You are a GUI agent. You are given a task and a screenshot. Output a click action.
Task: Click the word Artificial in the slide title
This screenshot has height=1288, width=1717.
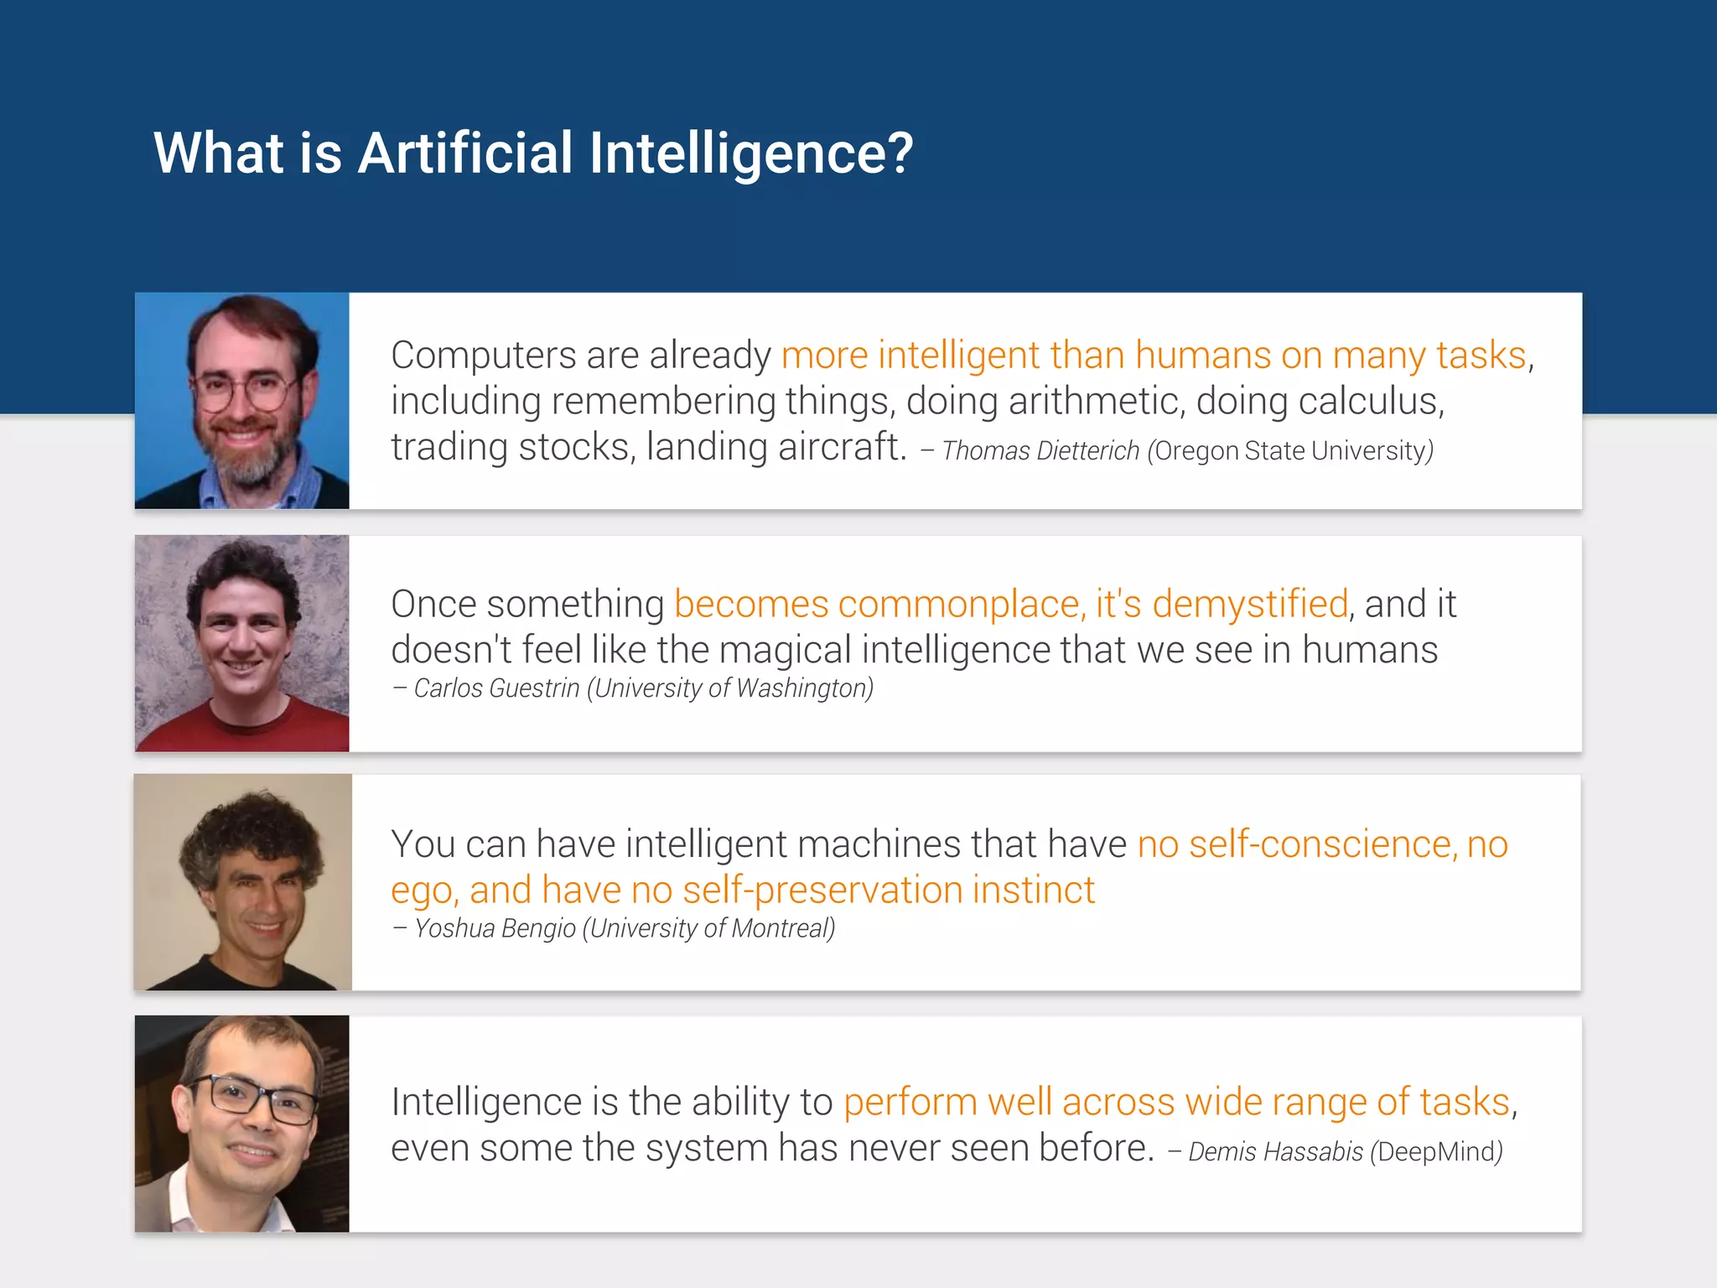coord(465,153)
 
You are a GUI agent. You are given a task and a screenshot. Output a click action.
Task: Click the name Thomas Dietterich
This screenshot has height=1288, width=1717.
coord(1040,451)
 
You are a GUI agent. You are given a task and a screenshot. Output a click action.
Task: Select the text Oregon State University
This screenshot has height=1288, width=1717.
coord(1290,451)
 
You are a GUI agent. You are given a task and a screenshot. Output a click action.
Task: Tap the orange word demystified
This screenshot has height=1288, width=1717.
coord(1250,605)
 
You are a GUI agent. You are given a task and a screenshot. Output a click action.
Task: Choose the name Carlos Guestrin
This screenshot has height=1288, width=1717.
coord(496,688)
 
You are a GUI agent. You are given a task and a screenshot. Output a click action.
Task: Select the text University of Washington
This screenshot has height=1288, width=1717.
coord(730,688)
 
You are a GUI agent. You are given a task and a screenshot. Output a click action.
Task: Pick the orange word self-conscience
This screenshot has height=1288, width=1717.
coord(1321,844)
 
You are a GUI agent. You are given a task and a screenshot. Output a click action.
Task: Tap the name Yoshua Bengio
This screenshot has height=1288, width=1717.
coord(495,929)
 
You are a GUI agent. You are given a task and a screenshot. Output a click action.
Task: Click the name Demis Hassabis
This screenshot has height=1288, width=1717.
coord(1275,1152)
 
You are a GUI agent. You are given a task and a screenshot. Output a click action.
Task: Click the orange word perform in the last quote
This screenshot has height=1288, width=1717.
coord(910,1103)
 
